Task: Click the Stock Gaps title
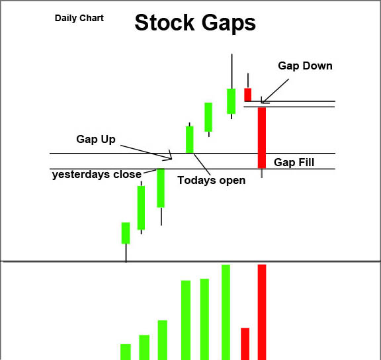pos(195,23)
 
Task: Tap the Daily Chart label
pos(79,18)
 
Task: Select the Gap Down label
pos(305,66)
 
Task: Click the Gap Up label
pos(96,139)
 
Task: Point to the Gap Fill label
pos(294,162)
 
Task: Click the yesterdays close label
pos(97,175)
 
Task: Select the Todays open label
pos(212,181)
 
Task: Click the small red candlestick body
pos(248,95)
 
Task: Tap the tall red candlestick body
pos(262,138)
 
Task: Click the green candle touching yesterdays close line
pos(161,188)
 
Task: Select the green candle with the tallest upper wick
pos(232,101)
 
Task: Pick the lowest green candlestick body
pos(126,233)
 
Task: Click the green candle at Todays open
pos(190,140)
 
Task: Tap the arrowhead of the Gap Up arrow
pos(171,157)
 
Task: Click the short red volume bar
pos(245,344)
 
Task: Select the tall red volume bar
pos(262,312)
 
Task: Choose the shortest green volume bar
pos(126,352)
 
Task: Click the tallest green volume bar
pos(226,312)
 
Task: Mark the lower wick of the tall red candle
pos(262,173)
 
